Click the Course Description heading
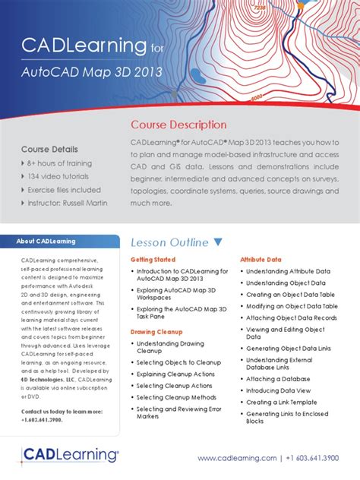click(x=178, y=124)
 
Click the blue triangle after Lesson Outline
click(x=219, y=242)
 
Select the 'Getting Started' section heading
click(x=153, y=260)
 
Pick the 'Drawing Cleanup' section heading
click(x=156, y=332)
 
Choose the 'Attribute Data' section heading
click(x=261, y=260)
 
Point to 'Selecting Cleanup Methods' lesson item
click(x=176, y=397)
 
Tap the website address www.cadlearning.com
click(x=237, y=458)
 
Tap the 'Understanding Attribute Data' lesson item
click(x=288, y=271)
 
